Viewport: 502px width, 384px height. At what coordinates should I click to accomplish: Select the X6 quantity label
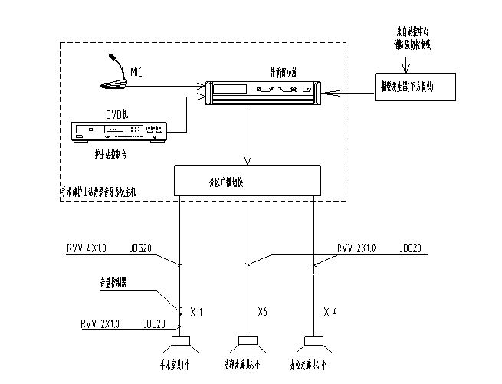(x=262, y=312)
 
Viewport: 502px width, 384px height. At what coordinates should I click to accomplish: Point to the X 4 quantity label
(x=330, y=312)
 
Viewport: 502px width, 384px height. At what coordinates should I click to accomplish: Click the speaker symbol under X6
(x=247, y=341)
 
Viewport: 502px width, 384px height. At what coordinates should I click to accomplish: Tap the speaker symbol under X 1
(x=181, y=341)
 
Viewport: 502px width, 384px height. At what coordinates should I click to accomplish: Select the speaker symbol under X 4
(x=313, y=341)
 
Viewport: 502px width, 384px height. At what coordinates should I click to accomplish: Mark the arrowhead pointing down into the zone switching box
(x=247, y=161)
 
